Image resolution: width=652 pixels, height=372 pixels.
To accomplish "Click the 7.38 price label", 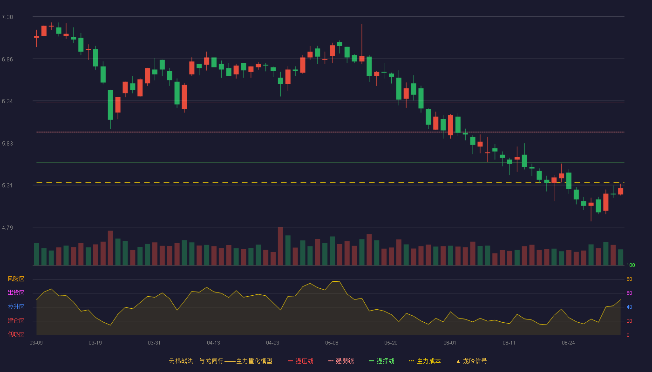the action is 7,17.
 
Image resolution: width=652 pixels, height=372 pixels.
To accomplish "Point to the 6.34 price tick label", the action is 7,101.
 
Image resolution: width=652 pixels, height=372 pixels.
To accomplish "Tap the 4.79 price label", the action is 7,227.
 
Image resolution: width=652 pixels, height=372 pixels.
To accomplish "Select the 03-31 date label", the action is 154,343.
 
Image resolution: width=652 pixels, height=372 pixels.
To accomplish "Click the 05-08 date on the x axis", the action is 332,343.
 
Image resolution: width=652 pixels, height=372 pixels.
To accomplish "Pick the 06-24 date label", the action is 568,343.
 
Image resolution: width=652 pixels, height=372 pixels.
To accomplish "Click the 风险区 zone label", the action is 16,279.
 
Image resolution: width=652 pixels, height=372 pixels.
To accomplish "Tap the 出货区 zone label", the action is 16,292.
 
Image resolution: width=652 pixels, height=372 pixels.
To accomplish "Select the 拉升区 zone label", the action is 16,306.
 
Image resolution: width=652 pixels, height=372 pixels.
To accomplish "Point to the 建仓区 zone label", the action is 16,320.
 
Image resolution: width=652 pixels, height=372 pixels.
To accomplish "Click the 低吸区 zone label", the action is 16,334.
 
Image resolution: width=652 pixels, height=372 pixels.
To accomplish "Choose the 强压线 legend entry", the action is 300,361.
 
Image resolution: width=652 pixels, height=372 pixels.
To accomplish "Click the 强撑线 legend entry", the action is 381,361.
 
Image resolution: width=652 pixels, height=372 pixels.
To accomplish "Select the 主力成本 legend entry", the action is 425,361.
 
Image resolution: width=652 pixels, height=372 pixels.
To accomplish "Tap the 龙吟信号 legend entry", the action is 471,361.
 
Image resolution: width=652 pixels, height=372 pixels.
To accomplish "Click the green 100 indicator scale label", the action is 631,265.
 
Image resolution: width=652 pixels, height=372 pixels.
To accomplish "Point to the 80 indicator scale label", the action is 629,279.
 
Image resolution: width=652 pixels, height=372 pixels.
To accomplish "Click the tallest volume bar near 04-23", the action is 280,246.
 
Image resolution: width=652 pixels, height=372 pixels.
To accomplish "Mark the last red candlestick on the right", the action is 620,191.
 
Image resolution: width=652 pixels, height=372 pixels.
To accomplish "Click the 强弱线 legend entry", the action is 341,361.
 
